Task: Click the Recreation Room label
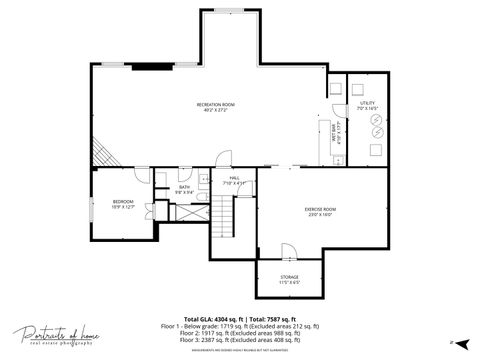215,106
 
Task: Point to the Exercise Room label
320,211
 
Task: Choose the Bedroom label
124,203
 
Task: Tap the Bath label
185,189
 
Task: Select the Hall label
233,181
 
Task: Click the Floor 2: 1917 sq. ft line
240,333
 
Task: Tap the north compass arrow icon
452,343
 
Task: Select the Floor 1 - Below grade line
240,326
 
